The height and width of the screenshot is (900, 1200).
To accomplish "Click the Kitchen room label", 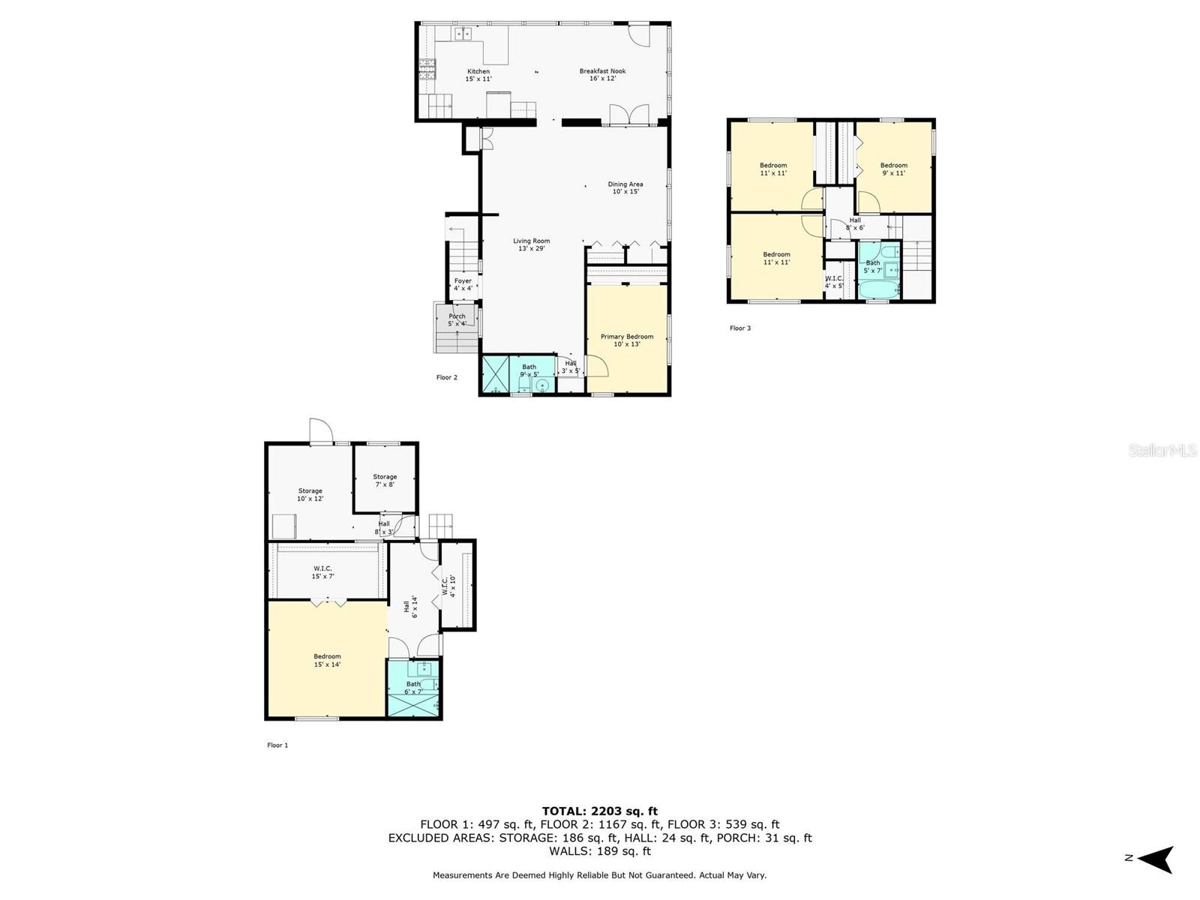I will [x=478, y=75].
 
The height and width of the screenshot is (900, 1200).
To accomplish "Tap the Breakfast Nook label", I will [x=602, y=75].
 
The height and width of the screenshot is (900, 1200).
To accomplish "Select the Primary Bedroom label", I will [x=627, y=340].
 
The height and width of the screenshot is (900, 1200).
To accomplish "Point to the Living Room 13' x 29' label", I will [x=531, y=245].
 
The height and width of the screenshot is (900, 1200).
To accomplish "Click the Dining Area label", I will [x=625, y=187].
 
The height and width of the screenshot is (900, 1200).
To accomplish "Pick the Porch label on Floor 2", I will [x=457, y=320].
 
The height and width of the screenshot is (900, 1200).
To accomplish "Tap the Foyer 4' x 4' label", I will [x=463, y=284].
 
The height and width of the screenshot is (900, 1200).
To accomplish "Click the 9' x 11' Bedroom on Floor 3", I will [x=893, y=169].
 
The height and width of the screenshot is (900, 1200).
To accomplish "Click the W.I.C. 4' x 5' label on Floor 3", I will [x=834, y=282].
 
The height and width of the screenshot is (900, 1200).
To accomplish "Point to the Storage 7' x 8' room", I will [x=385, y=480].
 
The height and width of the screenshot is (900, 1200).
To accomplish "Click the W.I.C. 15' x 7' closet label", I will [x=322, y=572].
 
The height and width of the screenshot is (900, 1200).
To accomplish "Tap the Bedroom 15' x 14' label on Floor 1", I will [x=327, y=660].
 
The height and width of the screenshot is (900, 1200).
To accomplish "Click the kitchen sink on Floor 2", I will [x=463, y=33].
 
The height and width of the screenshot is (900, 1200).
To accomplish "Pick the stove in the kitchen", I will [x=427, y=70].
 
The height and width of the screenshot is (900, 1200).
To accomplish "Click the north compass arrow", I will [x=1158, y=859].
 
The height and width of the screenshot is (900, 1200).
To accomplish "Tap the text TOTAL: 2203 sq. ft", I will [x=600, y=811].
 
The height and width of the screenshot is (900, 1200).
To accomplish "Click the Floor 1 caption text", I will [x=277, y=745].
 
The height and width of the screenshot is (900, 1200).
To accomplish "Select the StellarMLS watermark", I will [x=1162, y=451].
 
